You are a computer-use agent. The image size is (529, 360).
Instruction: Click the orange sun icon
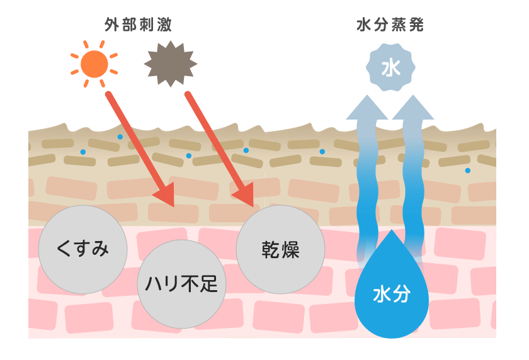[94, 64]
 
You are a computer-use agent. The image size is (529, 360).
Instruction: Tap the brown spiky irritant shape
[170, 64]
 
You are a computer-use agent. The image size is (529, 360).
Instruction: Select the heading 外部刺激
[138, 25]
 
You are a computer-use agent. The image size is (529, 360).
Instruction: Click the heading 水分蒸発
[390, 25]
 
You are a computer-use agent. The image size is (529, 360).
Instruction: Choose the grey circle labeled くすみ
[83, 249]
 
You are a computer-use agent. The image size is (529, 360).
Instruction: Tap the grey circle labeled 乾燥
[280, 249]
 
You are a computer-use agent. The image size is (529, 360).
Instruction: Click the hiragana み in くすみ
[100, 250]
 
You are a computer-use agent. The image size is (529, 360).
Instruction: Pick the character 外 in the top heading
[112, 25]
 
